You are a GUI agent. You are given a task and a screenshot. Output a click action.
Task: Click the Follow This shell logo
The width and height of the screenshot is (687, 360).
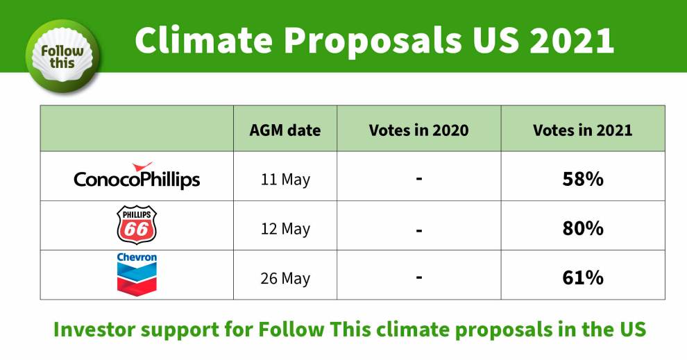[x=62, y=56]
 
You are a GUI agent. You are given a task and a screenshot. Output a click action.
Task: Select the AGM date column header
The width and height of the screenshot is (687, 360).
[x=285, y=130]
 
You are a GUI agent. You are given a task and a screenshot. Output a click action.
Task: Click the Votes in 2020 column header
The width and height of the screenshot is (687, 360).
[x=419, y=130]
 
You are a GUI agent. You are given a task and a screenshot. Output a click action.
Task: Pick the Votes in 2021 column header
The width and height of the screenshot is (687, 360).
[x=583, y=130]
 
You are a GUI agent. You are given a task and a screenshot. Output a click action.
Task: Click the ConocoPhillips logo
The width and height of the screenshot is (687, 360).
[x=137, y=176]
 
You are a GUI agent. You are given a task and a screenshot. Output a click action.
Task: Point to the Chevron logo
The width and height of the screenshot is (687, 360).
[x=137, y=275]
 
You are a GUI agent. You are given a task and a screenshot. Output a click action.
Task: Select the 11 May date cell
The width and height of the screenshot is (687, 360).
[x=285, y=180]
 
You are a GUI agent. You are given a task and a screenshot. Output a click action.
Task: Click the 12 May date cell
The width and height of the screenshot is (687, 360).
[x=285, y=229]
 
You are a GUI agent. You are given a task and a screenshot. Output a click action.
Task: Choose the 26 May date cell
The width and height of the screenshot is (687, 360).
[x=285, y=278]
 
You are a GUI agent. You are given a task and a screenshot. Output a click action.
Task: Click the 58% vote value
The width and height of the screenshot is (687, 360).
[x=583, y=179]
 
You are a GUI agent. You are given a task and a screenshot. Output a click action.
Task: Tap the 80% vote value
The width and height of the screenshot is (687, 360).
[x=583, y=228]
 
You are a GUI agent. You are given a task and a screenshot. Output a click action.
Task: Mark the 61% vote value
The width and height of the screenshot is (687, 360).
[x=583, y=277]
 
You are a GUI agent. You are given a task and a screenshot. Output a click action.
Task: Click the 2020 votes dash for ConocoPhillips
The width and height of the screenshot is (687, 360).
[x=419, y=179]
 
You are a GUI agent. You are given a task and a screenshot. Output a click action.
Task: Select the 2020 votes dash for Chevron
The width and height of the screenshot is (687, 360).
[x=419, y=277]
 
